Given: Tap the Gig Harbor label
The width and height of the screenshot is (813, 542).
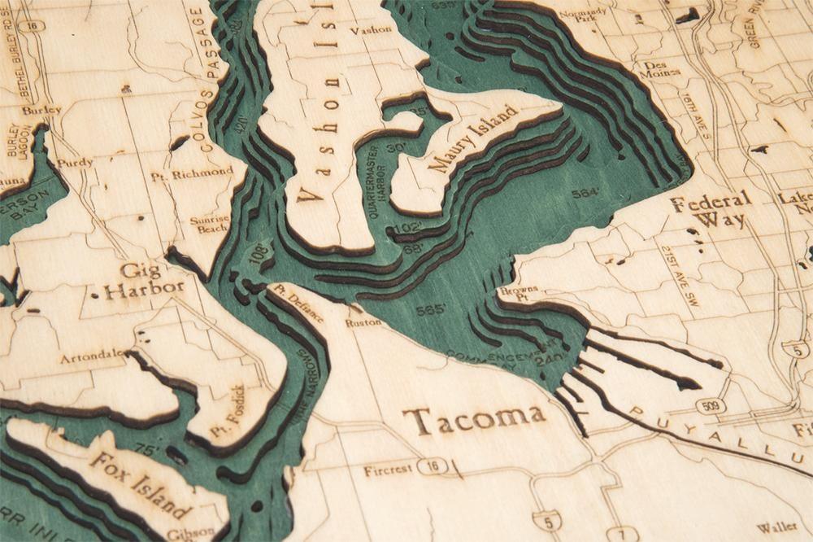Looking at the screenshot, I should click(140, 278).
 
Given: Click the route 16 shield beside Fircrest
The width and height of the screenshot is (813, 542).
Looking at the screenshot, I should click(428, 466).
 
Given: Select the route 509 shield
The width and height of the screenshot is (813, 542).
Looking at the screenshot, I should click(711, 404).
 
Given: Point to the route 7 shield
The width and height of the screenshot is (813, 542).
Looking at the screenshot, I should click(620, 533).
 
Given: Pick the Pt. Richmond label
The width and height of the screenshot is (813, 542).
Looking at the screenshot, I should click(192, 173).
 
